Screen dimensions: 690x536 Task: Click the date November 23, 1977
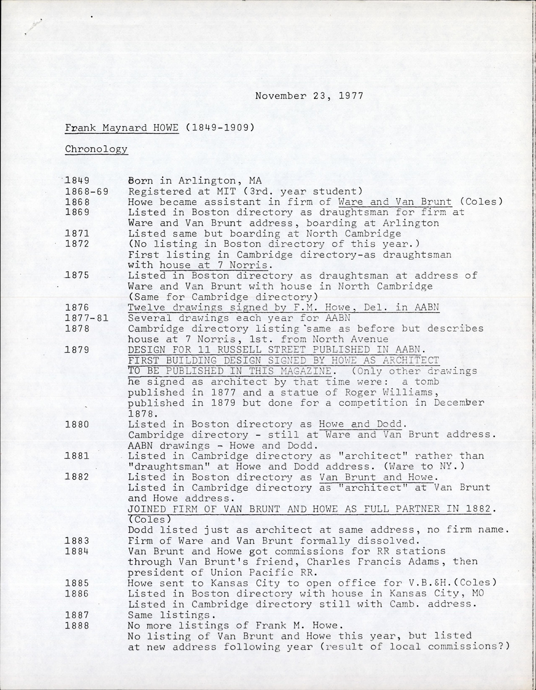tap(309, 96)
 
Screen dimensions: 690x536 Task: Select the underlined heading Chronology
tap(96, 149)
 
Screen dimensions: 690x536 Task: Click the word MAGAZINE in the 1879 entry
tap(306, 371)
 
